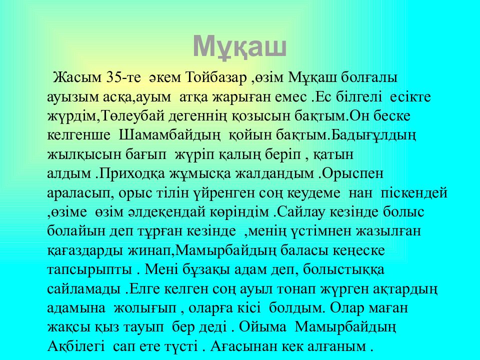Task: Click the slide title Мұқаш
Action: coord(239,47)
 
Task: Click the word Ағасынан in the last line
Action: coord(246,346)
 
